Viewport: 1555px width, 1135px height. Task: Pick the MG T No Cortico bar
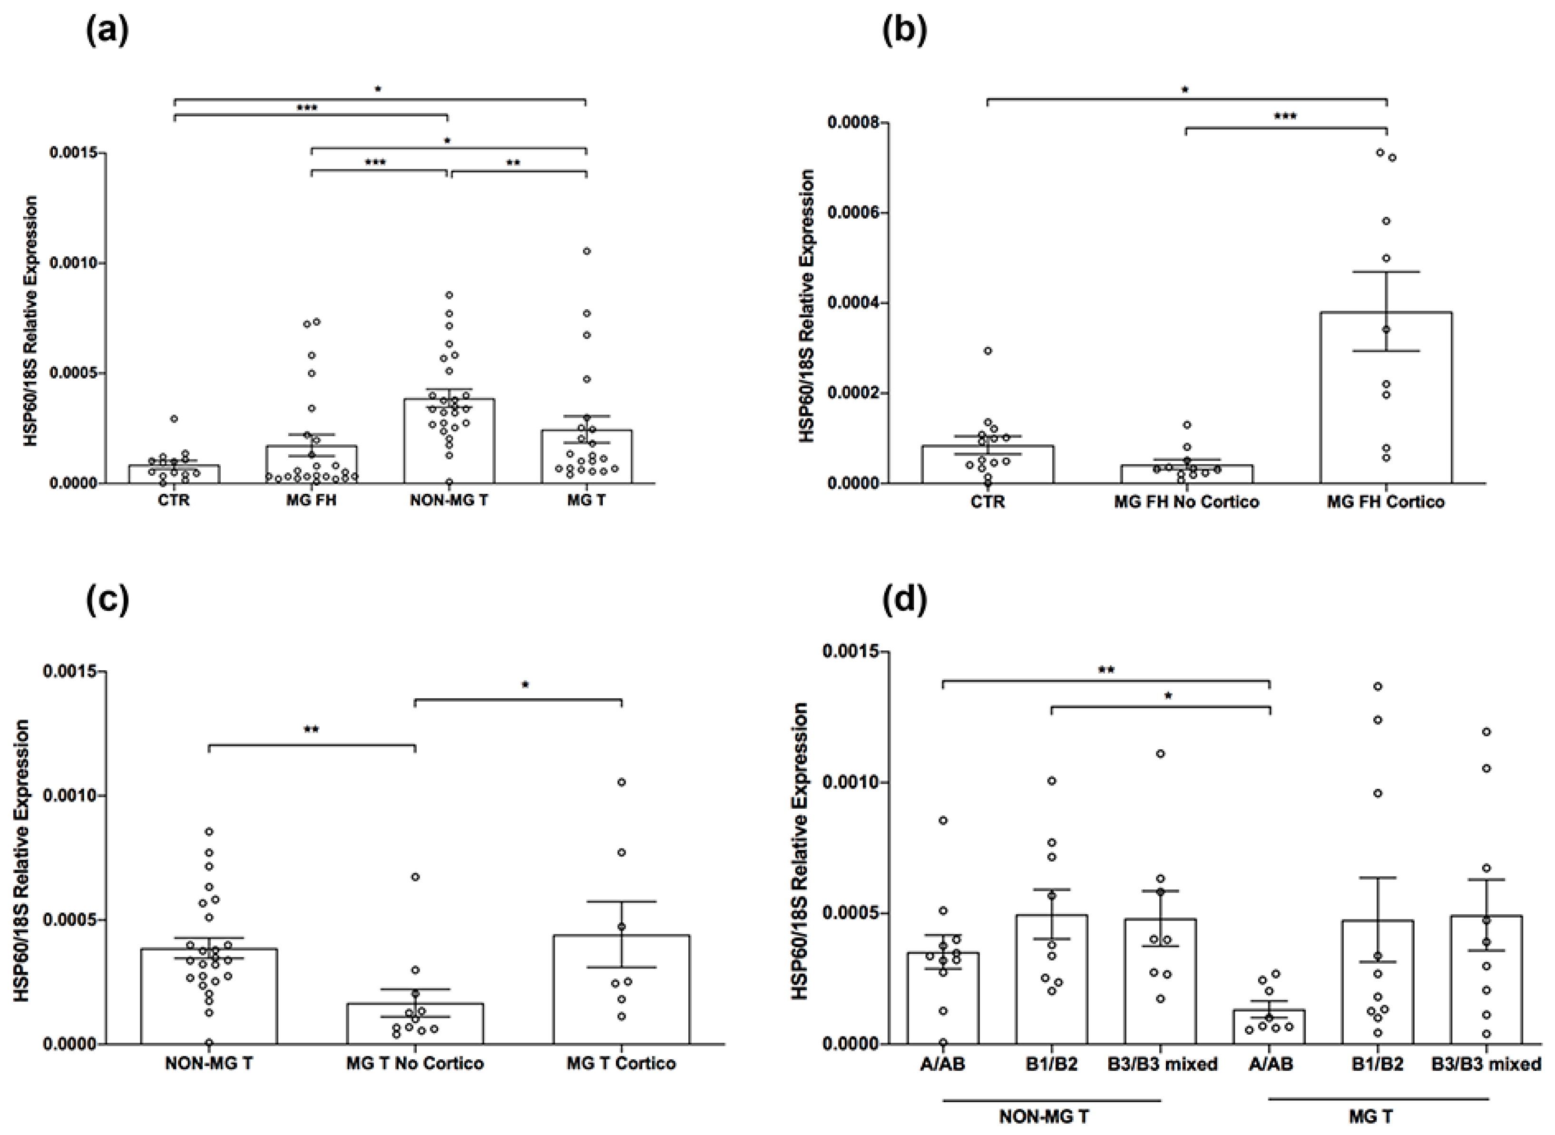coord(415,1024)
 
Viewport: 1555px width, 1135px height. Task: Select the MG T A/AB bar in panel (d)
coord(1269,1027)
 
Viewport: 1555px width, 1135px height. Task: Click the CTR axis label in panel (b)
coord(988,502)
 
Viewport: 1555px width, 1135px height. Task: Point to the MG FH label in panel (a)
coord(311,500)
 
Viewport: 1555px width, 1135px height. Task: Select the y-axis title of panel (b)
coord(808,306)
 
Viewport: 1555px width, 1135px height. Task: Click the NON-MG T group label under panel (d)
coord(1043,1116)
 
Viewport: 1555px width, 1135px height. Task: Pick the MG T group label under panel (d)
coord(1371,1116)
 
